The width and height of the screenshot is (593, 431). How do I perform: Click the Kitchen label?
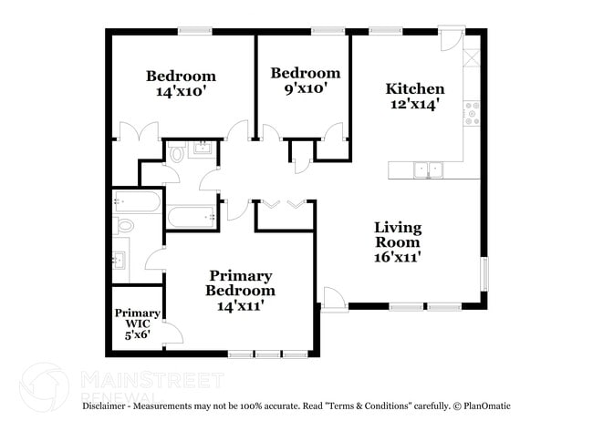click(x=415, y=88)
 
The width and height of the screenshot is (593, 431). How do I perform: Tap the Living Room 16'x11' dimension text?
click(x=397, y=257)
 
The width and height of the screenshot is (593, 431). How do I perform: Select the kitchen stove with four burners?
click(x=473, y=113)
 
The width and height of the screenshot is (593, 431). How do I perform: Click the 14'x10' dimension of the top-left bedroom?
click(x=181, y=91)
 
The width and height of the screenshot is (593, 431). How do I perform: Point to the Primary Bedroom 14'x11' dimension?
click(x=240, y=306)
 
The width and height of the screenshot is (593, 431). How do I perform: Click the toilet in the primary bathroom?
click(x=125, y=224)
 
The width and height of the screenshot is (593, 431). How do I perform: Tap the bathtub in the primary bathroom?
click(x=137, y=201)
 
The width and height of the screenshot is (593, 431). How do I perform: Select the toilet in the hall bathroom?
click(x=177, y=153)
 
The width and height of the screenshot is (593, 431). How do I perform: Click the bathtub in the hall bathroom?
click(x=192, y=217)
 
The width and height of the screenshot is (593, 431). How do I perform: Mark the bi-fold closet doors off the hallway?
click(x=283, y=204)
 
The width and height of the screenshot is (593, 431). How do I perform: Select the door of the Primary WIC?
click(x=172, y=334)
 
